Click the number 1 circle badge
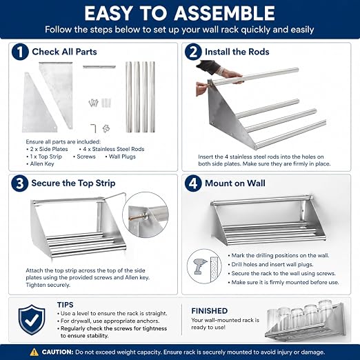click(20, 52)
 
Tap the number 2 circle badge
click(193, 52)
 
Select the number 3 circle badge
click(20, 183)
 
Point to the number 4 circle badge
click(193, 183)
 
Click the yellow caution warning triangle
click(34, 352)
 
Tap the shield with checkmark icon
click(32, 319)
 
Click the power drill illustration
click(201, 266)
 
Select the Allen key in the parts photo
click(93, 128)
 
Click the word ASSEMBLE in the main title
click(224, 13)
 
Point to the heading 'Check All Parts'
click(64, 52)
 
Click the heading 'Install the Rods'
click(237, 52)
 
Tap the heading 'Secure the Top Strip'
click(73, 183)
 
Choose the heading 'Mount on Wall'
click(235, 183)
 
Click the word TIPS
click(66, 305)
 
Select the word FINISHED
click(210, 311)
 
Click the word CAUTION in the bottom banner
click(57, 352)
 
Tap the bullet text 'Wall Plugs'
click(122, 157)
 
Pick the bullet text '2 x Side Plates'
click(49, 149)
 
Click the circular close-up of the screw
click(146, 215)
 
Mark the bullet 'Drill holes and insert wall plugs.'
click(272, 264)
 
